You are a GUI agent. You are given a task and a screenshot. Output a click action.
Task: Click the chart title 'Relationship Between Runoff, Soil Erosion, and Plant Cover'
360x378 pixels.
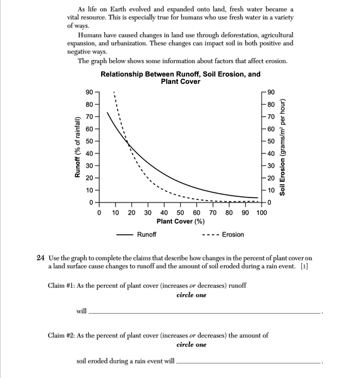(x=180, y=78)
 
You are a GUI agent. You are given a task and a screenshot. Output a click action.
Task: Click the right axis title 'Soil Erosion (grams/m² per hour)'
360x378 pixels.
(x=283, y=147)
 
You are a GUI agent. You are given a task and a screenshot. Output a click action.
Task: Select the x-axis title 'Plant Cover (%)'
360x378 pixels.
(x=180, y=221)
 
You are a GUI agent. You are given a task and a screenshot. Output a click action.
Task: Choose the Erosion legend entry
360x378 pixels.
(x=222, y=235)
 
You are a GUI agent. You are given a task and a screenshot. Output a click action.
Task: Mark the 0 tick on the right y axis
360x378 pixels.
(x=270, y=203)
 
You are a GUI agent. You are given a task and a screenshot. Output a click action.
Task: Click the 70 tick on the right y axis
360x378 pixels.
(x=272, y=117)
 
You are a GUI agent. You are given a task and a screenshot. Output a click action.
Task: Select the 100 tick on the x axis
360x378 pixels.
(x=261, y=213)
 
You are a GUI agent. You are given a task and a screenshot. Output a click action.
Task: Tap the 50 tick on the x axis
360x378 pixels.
(x=180, y=213)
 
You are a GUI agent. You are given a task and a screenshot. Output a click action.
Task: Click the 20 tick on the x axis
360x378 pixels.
(x=131, y=213)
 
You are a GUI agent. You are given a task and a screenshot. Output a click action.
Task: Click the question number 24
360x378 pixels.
(x=41, y=258)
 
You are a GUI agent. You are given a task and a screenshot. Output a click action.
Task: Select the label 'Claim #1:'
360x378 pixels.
(x=63, y=285)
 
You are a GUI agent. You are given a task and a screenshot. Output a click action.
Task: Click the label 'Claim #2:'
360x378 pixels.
(x=63, y=336)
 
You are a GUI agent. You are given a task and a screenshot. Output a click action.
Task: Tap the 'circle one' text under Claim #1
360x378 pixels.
(x=191, y=295)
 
